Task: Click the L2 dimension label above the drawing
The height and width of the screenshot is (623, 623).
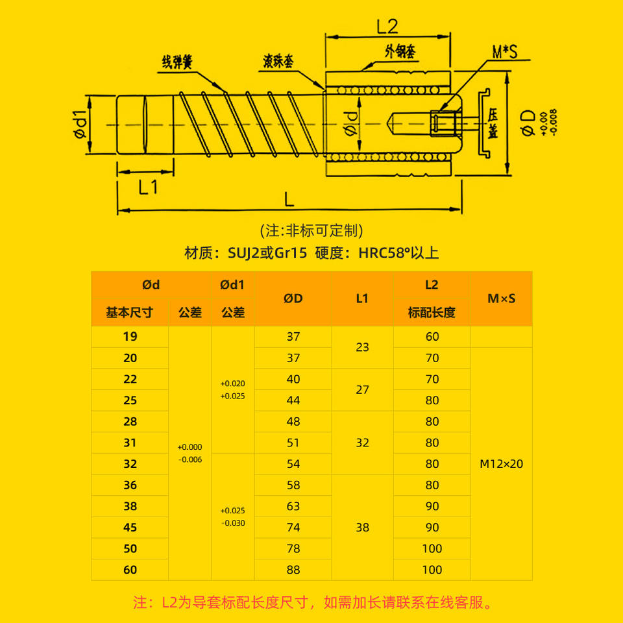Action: (x=387, y=27)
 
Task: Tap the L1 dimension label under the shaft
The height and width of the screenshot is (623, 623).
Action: (x=148, y=188)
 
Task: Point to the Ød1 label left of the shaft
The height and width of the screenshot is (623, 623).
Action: (x=79, y=125)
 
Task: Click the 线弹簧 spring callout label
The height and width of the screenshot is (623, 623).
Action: (x=177, y=62)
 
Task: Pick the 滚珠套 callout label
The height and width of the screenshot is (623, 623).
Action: (x=278, y=62)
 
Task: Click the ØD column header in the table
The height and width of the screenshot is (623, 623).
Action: (x=293, y=299)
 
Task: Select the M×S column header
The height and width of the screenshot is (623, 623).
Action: (x=501, y=299)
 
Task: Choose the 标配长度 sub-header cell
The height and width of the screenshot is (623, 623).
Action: (x=432, y=312)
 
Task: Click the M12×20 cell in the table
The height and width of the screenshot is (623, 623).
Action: (x=501, y=464)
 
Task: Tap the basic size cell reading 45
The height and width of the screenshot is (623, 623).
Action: (x=130, y=528)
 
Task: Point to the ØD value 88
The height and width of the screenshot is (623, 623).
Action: (x=293, y=570)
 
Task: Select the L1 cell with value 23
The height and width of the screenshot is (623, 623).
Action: (x=362, y=347)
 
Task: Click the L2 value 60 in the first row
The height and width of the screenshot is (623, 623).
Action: (x=432, y=337)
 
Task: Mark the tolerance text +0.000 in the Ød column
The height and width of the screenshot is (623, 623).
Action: (x=190, y=447)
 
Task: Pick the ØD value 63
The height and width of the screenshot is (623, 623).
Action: (x=293, y=506)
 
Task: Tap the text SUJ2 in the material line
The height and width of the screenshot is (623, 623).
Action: (x=244, y=253)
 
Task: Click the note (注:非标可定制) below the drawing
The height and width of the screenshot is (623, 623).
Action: (x=311, y=230)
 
